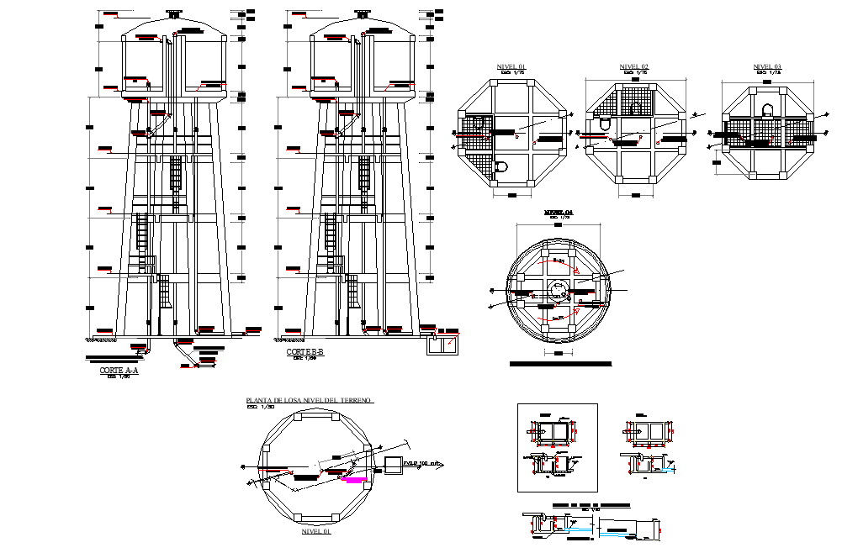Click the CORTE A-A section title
click(117, 370)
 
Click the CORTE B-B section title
click(305, 352)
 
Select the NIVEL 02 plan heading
click(633, 66)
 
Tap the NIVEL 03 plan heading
click(766, 66)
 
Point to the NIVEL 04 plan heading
click(557, 213)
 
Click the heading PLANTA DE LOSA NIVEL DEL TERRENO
click(308, 401)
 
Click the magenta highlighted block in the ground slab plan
click(357, 479)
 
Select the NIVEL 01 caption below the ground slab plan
click(315, 532)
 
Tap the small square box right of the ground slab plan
click(393, 464)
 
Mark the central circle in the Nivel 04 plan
click(556, 289)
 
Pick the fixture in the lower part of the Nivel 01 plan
click(501, 166)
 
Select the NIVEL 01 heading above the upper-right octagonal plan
click(511, 66)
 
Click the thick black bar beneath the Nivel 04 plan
click(560, 365)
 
